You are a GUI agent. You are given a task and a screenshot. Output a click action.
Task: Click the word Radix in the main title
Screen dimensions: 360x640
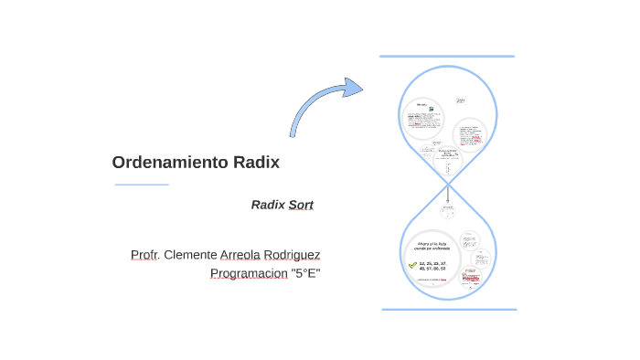(x=256, y=163)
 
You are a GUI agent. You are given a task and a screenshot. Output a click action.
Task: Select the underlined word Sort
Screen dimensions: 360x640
(x=301, y=205)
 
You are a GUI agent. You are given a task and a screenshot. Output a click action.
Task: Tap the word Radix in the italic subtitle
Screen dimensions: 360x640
(x=268, y=205)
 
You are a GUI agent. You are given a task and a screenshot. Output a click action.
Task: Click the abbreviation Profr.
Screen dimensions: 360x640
(x=144, y=254)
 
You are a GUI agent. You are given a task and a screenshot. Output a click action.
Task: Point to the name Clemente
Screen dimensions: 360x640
(x=189, y=254)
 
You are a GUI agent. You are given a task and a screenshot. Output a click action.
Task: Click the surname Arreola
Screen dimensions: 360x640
(x=240, y=254)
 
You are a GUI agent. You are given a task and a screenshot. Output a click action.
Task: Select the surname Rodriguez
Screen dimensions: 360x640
(x=291, y=254)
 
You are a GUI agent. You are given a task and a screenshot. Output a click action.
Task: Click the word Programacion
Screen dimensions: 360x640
(x=249, y=273)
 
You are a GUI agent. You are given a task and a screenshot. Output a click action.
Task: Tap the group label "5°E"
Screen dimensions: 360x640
(x=305, y=273)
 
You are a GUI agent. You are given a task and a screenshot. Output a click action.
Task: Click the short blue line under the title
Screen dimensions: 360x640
(x=142, y=185)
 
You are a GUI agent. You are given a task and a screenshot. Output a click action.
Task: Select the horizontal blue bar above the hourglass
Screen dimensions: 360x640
(x=447, y=57)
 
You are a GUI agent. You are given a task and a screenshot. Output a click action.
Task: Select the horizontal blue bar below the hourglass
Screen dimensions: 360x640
(x=449, y=310)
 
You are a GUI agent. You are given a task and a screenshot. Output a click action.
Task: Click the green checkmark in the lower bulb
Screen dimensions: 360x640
(x=412, y=265)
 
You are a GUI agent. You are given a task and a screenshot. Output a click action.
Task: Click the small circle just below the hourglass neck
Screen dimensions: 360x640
(x=448, y=210)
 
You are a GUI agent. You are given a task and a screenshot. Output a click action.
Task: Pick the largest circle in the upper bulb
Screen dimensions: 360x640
(x=422, y=119)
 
